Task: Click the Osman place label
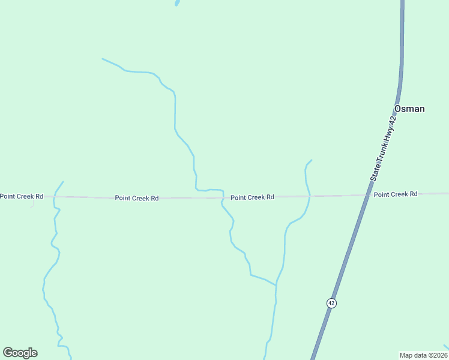(x=409, y=109)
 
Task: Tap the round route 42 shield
(x=331, y=303)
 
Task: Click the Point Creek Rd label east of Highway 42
(x=395, y=194)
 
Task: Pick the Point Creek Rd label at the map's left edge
(x=22, y=196)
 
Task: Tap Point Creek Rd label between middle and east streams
(x=252, y=197)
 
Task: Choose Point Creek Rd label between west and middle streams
(x=137, y=197)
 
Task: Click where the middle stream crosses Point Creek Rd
(x=223, y=197)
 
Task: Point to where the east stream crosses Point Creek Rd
(x=310, y=196)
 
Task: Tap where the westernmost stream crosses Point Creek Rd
(x=55, y=196)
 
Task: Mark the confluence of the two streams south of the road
(x=276, y=285)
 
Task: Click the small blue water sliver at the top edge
(x=177, y=2)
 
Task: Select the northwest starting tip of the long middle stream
(x=103, y=59)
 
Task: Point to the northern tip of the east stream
(x=311, y=160)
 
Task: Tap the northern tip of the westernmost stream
(x=63, y=182)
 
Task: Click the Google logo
(x=20, y=353)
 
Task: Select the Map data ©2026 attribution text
(x=423, y=355)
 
